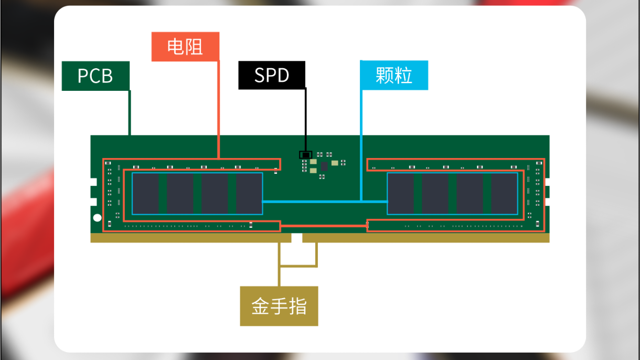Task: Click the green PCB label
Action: pos(95,76)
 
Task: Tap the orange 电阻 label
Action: pos(185,47)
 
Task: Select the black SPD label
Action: pos(272,75)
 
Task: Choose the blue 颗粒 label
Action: pos(394,75)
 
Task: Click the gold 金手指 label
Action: pos(279,306)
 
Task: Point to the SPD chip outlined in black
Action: pos(305,155)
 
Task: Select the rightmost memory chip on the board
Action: pos(504,193)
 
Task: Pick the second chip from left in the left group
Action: pos(180,193)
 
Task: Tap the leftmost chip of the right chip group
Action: pos(401,193)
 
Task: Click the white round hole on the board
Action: pos(97,218)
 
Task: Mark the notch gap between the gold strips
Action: pos(296,238)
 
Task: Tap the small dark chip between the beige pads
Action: pos(324,166)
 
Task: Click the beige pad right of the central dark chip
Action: pos(335,163)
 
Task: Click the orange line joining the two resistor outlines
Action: pos(324,226)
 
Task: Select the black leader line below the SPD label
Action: pos(306,119)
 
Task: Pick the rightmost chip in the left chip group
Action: pos(249,193)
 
